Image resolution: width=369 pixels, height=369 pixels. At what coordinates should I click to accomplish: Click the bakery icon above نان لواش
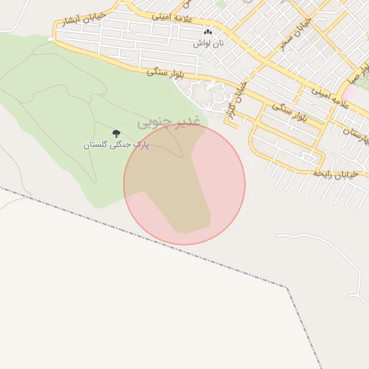[208, 32]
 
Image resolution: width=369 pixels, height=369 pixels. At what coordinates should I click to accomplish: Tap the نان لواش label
[208, 43]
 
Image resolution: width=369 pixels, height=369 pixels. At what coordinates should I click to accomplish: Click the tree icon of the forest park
[116, 133]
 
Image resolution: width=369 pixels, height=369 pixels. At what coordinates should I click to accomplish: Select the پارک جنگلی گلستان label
[116, 145]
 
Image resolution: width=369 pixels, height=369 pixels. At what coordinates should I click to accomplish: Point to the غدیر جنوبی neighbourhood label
[166, 123]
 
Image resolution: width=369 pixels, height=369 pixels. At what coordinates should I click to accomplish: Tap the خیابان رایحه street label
[336, 174]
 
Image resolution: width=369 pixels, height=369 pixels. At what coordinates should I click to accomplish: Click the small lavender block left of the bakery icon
[175, 31]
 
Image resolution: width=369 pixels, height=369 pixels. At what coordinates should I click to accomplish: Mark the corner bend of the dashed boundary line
[290, 288]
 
